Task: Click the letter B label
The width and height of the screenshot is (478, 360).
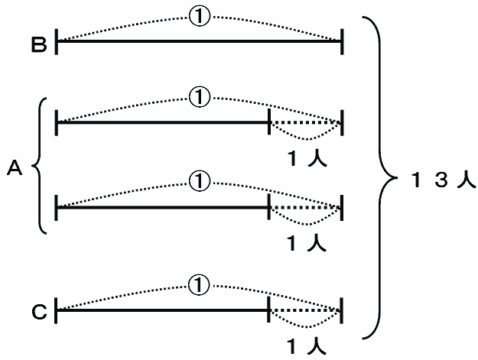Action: (39, 45)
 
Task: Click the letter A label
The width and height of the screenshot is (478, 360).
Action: (15, 167)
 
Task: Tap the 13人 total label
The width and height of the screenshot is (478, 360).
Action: (441, 181)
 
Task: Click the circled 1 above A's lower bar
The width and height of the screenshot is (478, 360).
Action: (199, 181)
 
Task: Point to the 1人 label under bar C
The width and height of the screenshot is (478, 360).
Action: (307, 345)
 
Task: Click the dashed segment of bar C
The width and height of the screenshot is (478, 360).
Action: (305, 310)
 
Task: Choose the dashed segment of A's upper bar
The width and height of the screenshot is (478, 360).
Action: (305, 122)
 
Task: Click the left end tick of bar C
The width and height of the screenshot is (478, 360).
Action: (57, 310)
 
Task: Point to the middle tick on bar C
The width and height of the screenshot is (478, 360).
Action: (270, 310)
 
